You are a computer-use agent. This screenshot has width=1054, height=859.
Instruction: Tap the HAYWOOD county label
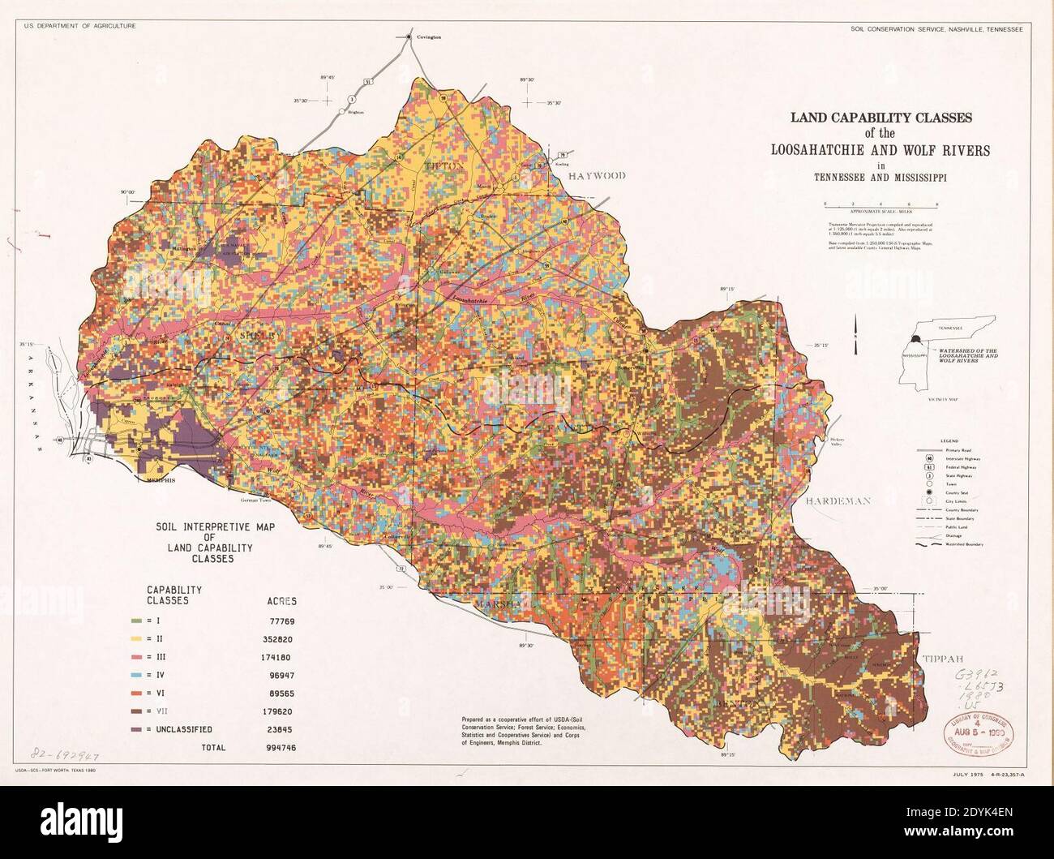click(597, 175)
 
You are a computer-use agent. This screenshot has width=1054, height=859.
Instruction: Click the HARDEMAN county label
click(838, 500)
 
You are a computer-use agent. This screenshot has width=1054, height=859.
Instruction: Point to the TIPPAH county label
click(941, 659)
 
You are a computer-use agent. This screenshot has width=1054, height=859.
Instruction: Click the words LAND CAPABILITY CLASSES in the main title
click(880, 118)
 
